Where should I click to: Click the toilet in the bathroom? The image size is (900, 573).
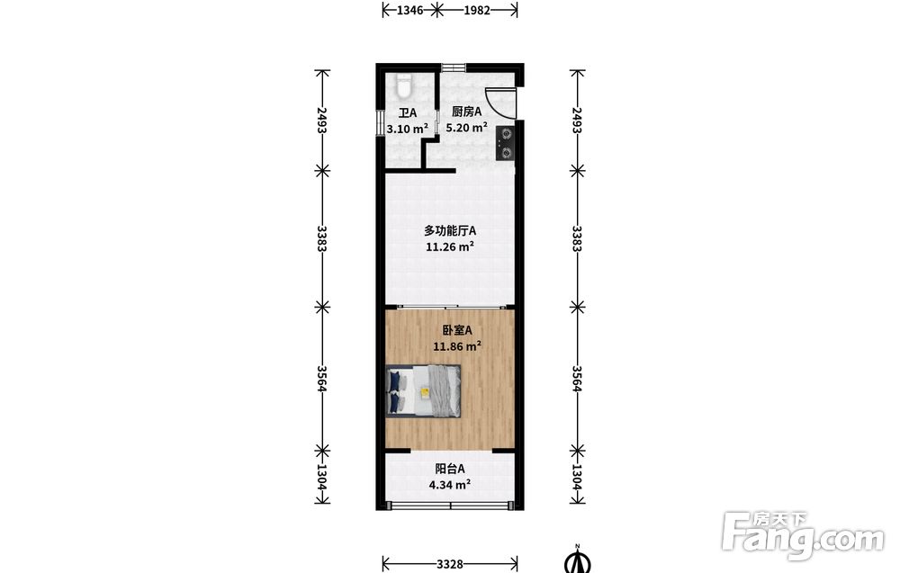coord(404,85)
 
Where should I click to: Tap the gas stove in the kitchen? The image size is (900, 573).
coord(506,143)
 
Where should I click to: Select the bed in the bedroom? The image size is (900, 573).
coord(424,391)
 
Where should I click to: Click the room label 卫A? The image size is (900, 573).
coord(408,113)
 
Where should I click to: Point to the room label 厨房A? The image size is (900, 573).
coord(466,112)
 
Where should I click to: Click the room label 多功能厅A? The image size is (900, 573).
coord(450,231)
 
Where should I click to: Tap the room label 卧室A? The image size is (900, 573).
coord(457,330)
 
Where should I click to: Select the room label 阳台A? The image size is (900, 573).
coord(450,470)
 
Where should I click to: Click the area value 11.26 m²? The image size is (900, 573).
coord(450,247)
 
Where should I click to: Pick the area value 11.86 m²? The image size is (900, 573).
coord(457,346)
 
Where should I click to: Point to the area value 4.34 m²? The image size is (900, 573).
coord(450,485)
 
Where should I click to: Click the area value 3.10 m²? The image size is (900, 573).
coord(408,129)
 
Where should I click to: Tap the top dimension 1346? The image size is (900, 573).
coord(410,10)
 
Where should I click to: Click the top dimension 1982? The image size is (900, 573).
coord(477,10)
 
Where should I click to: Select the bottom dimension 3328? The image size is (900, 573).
coord(450,564)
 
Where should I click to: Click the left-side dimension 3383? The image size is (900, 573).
coord(322,239)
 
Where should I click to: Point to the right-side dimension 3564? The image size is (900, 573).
coord(577,379)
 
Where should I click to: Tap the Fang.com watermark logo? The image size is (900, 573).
coord(803,535)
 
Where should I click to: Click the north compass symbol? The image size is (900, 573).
coord(578,560)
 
